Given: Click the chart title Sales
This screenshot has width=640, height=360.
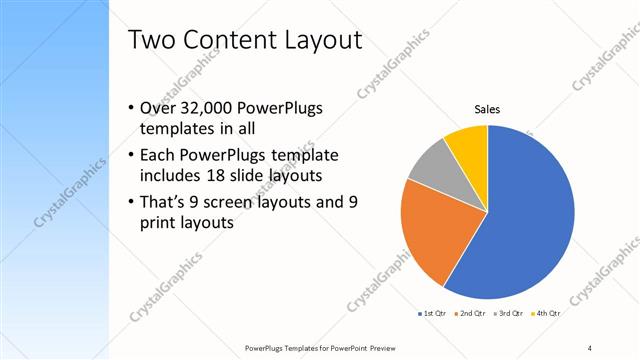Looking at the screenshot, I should [487, 110].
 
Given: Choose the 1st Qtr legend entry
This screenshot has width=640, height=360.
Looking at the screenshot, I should [431, 313].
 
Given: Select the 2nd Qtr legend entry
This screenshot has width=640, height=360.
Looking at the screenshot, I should [470, 313].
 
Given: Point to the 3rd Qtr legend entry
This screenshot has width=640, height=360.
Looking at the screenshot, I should [509, 313].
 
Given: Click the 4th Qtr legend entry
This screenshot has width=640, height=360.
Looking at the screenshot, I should [546, 313].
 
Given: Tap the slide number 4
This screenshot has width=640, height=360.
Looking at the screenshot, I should [589, 347].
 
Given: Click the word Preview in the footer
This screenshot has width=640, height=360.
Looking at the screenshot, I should [375, 347].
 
